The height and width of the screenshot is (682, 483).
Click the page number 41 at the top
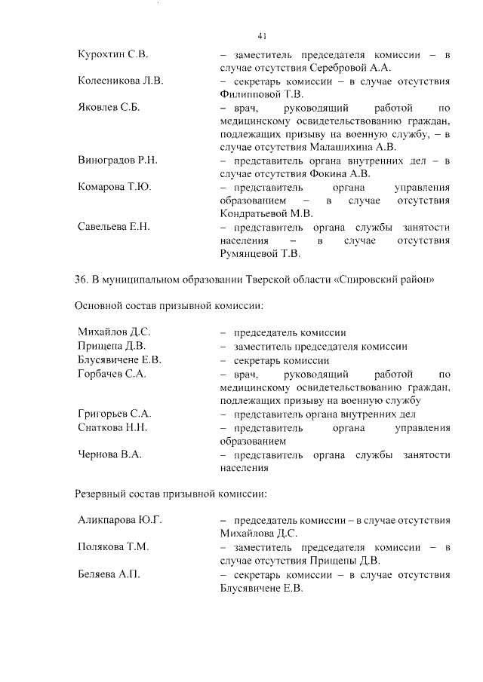[x=262, y=35]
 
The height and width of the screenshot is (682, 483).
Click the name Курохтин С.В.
[x=113, y=55]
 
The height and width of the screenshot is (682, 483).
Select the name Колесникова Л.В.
[x=121, y=81]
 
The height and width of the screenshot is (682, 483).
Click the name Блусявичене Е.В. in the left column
[x=119, y=359]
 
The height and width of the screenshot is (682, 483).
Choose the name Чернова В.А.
[x=110, y=454]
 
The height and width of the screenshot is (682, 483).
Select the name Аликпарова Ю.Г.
[x=121, y=521]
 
